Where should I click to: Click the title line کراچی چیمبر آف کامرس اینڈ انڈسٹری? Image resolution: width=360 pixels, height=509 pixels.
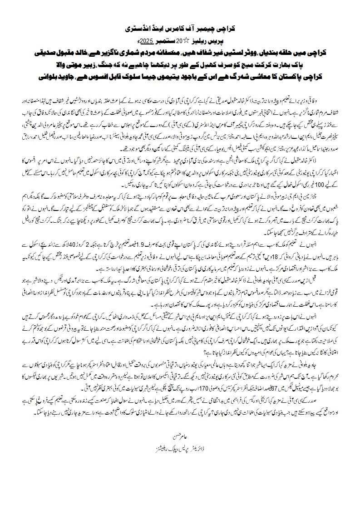coord(180,28)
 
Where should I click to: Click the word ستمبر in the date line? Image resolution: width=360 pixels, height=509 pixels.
coord(162,39)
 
